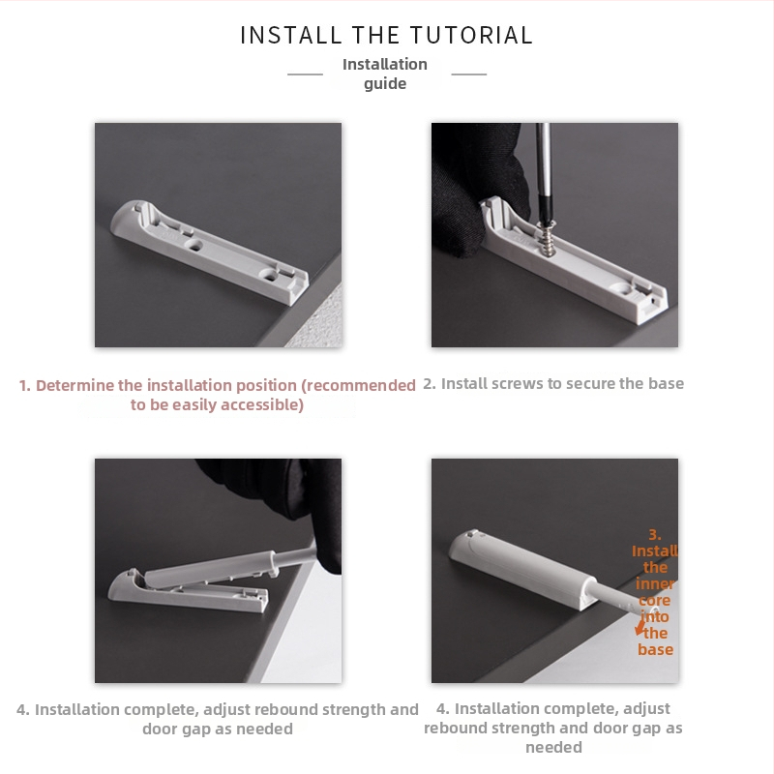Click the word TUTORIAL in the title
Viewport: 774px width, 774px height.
pos(472,36)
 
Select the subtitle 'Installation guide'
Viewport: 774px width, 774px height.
pos(385,74)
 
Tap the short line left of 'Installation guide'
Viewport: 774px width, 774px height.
pos(305,74)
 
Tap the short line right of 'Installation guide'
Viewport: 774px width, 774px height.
pos(469,74)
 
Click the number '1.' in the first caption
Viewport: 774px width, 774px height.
pos(25,385)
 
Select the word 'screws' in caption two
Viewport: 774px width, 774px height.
pos(518,383)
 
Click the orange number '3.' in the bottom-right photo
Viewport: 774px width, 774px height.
pos(655,534)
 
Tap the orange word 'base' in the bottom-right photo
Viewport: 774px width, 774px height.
pos(655,649)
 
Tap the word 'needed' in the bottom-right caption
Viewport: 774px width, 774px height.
pos(553,747)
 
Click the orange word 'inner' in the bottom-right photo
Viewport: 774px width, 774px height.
pos(655,584)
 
